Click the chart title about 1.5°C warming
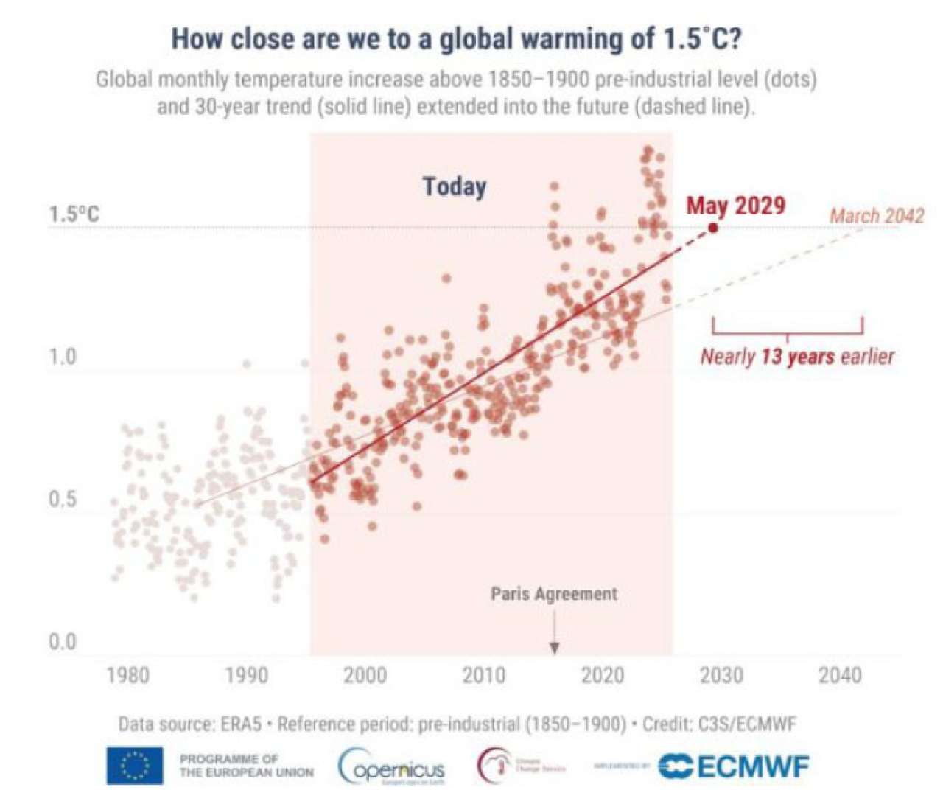click(456, 39)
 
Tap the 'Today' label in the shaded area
click(455, 186)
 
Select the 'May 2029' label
click(735, 206)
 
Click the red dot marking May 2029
click(712, 228)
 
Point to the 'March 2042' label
click(877, 216)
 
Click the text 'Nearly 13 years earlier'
click(797, 357)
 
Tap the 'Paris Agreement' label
click(554, 594)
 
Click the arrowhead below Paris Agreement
click(554, 648)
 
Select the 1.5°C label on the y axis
click(74, 215)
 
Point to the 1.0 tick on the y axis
click(63, 357)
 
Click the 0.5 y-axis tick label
click(63, 500)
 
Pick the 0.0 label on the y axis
click(63, 643)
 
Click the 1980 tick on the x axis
click(127, 675)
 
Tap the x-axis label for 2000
click(365, 675)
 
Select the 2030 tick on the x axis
click(721, 675)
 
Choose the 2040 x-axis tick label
click(840, 675)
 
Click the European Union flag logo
click(134, 766)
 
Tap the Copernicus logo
click(392, 767)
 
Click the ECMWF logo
click(733, 766)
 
